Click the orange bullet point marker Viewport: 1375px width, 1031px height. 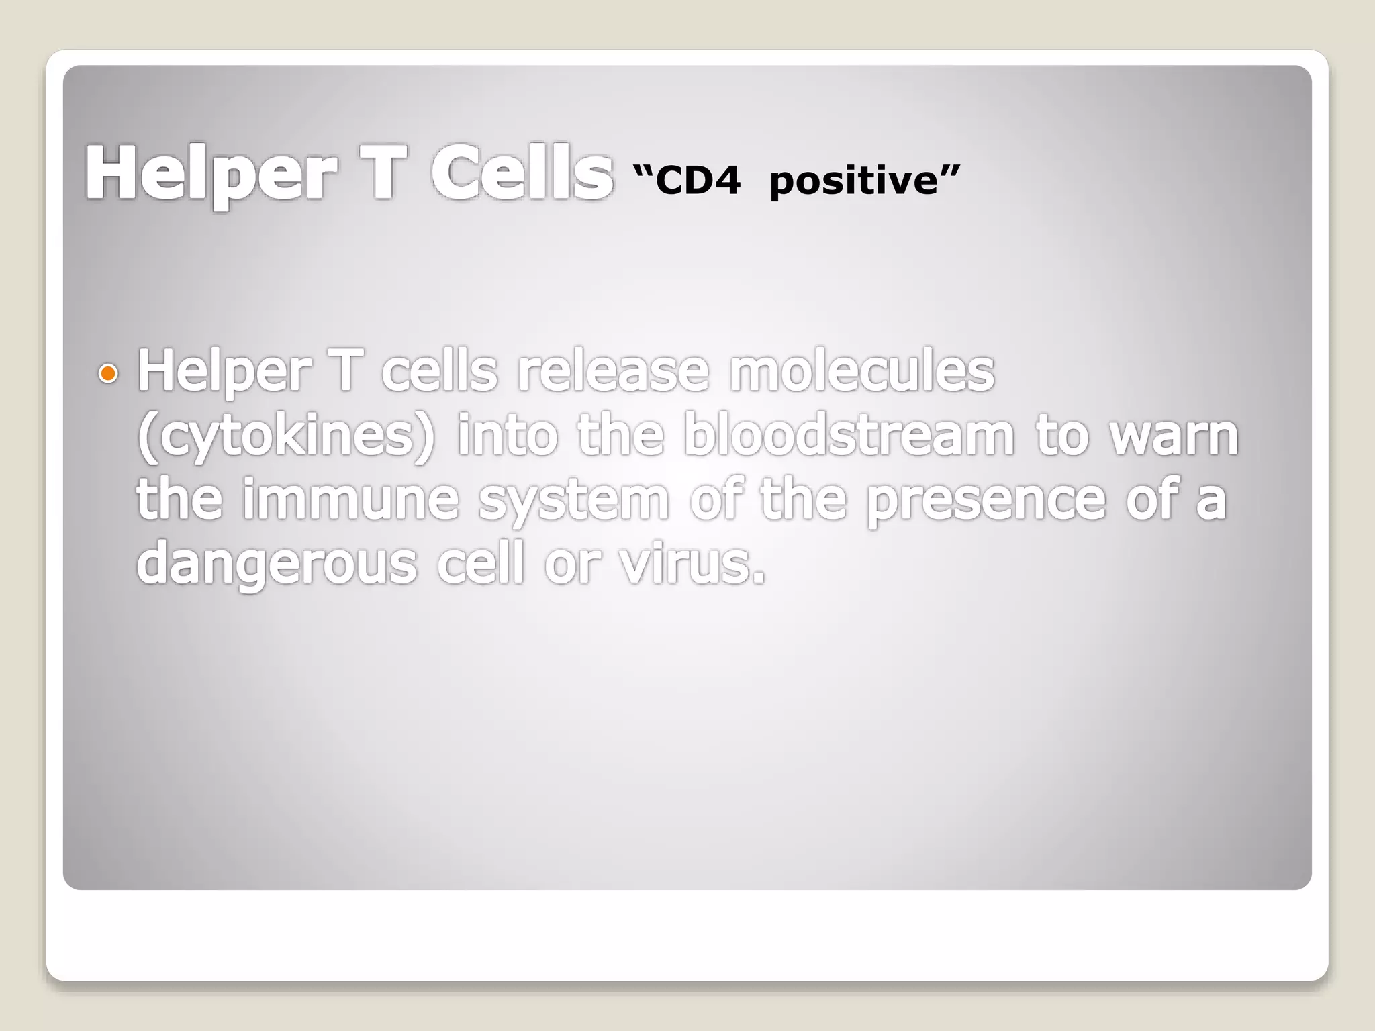(x=107, y=373)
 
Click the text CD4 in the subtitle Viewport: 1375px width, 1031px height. (x=698, y=181)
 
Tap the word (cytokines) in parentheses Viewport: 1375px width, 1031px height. (x=286, y=436)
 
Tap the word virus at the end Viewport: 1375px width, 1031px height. (x=692, y=564)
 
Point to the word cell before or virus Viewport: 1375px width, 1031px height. (x=479, y=564)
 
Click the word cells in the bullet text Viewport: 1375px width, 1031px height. (x=439, y=371)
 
